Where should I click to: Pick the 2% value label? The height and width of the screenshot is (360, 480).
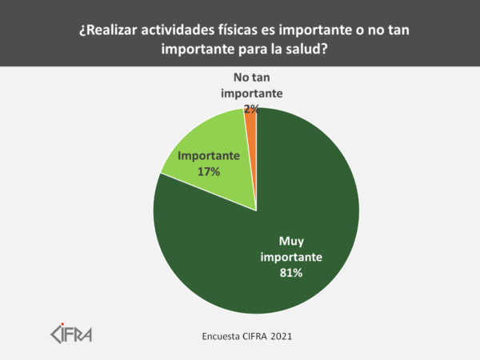[x=250, y=107]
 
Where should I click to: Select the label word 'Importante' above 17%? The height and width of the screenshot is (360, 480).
[x=209, y=156]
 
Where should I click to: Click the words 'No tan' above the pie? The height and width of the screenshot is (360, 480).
[x=250, y=78]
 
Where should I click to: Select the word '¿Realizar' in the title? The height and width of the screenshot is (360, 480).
[x=110, y=31]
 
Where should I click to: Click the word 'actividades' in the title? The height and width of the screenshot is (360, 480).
[x=183, y=31]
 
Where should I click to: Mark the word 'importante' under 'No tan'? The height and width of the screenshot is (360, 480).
[x=250, y=93]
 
